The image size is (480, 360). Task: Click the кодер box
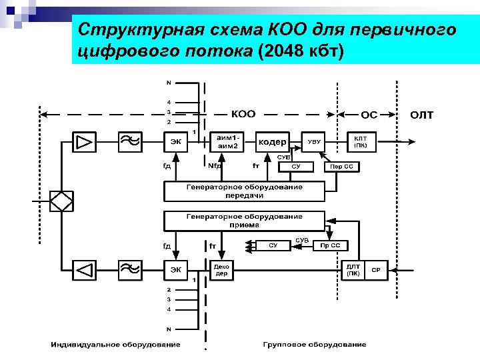[272, 142]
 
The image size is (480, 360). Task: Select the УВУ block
[314, 142]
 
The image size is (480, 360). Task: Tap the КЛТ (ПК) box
[360, 141]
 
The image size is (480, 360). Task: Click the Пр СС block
[330, 245]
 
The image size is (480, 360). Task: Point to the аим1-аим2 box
[227, 141]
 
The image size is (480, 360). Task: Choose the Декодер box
[221, 270]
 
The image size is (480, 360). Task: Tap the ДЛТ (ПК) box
[353, 270]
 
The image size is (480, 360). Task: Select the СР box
[376, 270]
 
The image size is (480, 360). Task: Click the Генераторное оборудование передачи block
[244, 191]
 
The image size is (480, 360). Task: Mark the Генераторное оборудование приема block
[244, 221]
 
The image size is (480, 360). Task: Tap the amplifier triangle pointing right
[85, 141]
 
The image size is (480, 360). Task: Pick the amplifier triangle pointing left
[85, 270]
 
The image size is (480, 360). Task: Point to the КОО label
[243, 113]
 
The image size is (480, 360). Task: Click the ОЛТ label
[421, 115]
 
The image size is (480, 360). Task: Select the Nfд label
[215, 166]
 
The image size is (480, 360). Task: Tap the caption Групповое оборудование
[314, 345]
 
